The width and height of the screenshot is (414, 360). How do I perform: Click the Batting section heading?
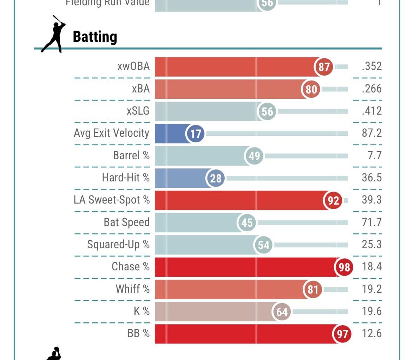point(95,37)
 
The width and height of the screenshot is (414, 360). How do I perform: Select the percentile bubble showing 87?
point(324,66)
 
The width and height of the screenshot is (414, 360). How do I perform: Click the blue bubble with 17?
point(195,134)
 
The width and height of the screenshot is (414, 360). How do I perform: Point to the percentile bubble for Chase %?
point(344,267)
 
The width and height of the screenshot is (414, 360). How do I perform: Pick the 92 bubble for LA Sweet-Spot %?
point(333,200)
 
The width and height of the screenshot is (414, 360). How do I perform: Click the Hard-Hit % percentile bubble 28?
point(215,178)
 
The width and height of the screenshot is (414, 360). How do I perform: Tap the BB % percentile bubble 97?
point(342,334)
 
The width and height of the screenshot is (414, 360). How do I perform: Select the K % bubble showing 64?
point(282,312)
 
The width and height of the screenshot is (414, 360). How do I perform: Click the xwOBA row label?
point(133,66)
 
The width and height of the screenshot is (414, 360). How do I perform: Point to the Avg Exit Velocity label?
point(111,133)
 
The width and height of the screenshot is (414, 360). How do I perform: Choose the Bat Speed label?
point(126,222)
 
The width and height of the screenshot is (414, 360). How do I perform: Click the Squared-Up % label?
point(118,244)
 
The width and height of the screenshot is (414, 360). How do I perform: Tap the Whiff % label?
point(132,289)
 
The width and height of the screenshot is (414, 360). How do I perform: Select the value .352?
point(372,66)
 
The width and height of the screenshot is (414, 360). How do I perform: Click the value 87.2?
point(372,133)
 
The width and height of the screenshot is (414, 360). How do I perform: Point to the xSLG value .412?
point(372,111)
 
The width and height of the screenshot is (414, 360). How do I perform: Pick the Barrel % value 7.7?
point(374,155)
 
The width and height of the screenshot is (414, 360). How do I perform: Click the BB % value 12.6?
point(372,333)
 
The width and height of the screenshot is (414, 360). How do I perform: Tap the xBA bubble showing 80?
point(311,89)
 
